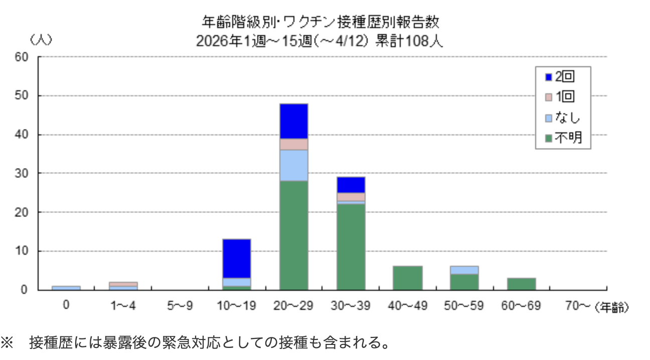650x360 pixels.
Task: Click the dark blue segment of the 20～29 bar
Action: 293,121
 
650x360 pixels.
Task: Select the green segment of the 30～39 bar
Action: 351,247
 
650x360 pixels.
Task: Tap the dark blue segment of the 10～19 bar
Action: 236,258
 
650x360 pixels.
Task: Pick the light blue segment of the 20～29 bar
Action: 293,165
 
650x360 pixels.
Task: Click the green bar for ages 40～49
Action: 408,278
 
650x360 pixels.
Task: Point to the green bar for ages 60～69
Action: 521,284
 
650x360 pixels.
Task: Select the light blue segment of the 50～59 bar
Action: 464,270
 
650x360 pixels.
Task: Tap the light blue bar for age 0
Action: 66,288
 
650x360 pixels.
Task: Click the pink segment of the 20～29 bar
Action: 293,144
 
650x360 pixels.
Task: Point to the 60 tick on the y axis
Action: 23,57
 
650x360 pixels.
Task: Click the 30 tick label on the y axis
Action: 23,173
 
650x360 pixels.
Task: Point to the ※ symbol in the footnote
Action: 7,342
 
